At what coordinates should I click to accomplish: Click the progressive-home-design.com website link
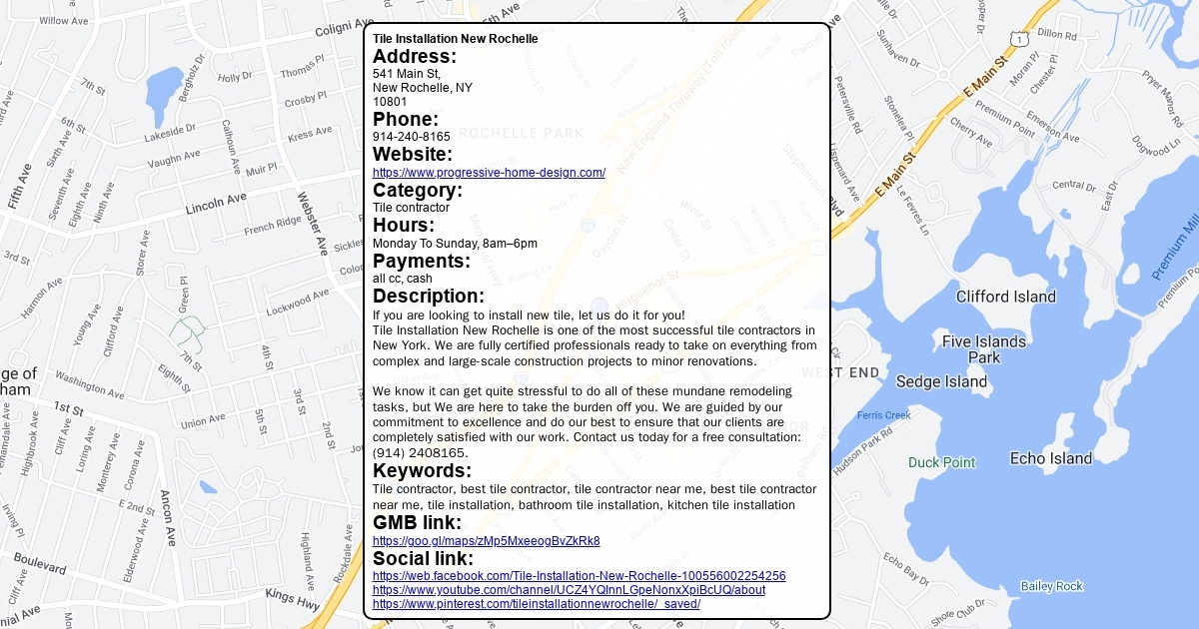click(489, 173)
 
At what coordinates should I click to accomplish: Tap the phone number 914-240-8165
click(412, 137)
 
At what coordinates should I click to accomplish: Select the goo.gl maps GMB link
click(486, 541)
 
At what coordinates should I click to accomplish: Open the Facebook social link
click(579, 576)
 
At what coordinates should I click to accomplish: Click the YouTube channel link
click(569, 590)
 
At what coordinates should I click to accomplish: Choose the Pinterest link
click(536, 604)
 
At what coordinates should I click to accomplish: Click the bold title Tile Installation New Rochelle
click(455, 39)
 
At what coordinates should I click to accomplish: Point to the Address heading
click(415, 57)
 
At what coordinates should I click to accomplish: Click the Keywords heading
click(422, 471)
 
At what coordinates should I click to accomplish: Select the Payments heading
click(421, 262)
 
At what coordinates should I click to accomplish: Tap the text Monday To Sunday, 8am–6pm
click(455, 244)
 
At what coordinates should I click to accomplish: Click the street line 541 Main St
click(407, 74)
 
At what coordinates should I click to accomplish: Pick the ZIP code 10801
click(390, 102)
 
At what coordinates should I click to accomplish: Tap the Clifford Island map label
click(1005, 297)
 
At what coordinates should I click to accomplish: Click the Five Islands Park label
click(983, 349)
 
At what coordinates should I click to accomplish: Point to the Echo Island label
click(1050, 459)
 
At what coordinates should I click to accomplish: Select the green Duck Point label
click(941, 463)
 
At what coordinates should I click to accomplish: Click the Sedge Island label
click(941, 381)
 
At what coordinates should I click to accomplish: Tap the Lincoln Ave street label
click(216, 205)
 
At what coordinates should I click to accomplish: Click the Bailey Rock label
click(1051, 586)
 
